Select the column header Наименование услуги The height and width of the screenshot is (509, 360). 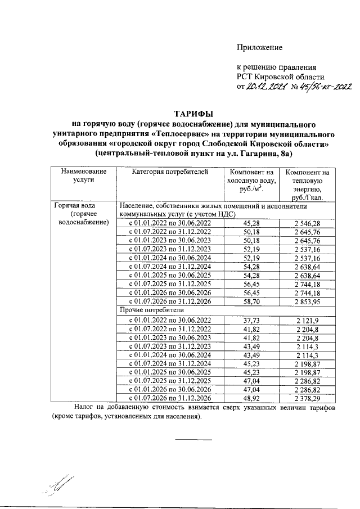pos(83,175)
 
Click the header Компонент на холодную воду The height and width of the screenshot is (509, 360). pos(252,180)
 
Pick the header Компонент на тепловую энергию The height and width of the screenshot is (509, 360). pos(307,184)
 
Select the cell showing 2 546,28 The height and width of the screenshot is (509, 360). pos(307,223)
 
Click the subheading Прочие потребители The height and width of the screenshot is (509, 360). pos(150,310)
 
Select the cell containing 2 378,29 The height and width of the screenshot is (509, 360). pos(307,398)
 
